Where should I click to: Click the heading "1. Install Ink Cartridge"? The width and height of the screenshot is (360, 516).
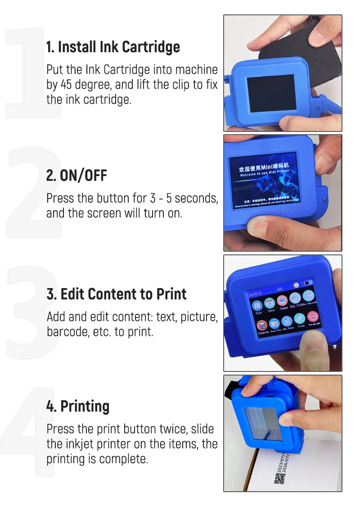(113, 47)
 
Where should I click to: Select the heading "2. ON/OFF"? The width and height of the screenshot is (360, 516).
(76, 175)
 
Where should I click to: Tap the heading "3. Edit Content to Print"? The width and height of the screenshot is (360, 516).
(117, 294)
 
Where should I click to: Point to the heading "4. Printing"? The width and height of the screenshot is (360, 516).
(78, 406)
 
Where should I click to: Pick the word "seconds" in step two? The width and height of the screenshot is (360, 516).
(196, 198)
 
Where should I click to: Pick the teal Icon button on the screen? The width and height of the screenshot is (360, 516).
(300, 319)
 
